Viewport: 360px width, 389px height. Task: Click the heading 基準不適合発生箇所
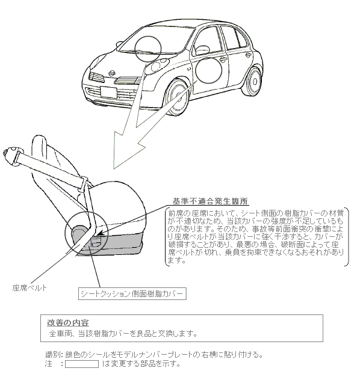point(210,201)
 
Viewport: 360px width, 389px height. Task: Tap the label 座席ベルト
point(29,288)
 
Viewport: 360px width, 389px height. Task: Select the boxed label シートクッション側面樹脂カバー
point(132,294)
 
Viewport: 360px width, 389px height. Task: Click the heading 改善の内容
point(68,323)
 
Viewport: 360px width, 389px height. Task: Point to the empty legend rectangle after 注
point(82,364)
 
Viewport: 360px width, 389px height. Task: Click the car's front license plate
point(108,91)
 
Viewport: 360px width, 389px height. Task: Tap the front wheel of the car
point(178,97)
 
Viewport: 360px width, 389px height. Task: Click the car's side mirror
point(202,50)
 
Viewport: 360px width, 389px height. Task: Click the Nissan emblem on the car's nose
point(112,73)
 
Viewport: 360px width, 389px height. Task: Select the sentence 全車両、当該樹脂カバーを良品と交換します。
point(123,334)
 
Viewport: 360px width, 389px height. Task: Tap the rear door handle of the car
point(247,54)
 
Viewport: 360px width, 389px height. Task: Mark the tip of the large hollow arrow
point(114,169)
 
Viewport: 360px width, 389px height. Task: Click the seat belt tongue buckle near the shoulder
point(84,185)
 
